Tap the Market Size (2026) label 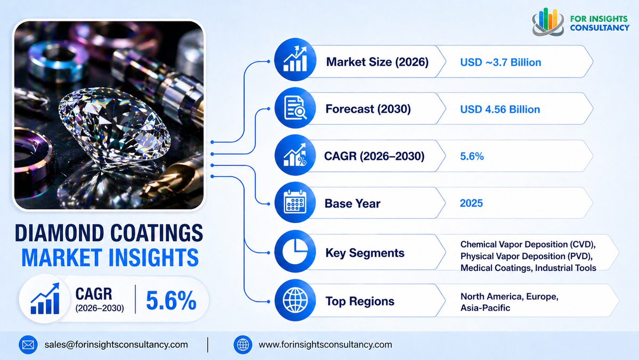pyautogui.click(x=377, y=62)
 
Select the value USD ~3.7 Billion pyautogui.click(x=500, y=62)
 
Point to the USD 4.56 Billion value pyautogui.click(x=500, y=109)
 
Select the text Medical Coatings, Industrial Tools pyautogui.click(x=528, y=268)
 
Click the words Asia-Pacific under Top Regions pyautogui.click(x=486, y=308)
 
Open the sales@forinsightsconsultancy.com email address pyautogui.click(x=116, y=345)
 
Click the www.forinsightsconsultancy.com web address pyautogui.click(x=325, y=345)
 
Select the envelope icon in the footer pyautogui.click(x=28, y=345)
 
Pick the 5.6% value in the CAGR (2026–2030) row pyautogui.click(x=472, y=157)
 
